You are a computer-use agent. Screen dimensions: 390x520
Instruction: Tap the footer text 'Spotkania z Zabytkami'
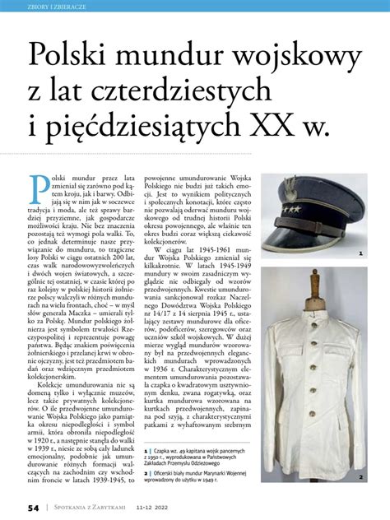(x=91, y=508)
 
